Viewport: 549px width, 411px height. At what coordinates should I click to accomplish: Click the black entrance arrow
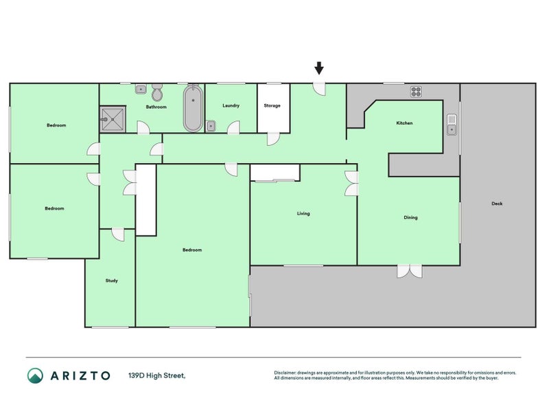point(318,68)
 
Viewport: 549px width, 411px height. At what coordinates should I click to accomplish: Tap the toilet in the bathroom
point(157,92)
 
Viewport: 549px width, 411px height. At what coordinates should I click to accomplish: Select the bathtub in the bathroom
point(193,108)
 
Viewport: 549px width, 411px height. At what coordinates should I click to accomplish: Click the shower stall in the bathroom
point(113,119)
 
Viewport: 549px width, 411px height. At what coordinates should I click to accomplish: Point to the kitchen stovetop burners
point(416,92)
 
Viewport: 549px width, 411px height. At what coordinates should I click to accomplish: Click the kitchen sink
point(452,125)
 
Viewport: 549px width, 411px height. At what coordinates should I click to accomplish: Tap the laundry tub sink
point(211,126)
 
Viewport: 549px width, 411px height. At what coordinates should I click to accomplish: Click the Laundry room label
point(231,105)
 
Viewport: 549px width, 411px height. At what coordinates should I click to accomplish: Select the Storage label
point(272,105)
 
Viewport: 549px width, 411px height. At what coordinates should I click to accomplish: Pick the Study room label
point(112,281)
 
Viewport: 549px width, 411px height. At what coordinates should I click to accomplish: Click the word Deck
point(497,203)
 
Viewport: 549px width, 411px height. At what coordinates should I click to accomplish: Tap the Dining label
point(410,217)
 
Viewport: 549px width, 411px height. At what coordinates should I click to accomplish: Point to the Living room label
point(303,214)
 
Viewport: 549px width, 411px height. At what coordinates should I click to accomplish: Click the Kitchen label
point(404,123)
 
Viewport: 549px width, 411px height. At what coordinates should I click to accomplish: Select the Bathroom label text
point(156,107)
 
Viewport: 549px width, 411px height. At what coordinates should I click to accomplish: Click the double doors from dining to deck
point(410,271)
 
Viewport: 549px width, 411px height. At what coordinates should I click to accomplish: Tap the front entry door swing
point(319,89)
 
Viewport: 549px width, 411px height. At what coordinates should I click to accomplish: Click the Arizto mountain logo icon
point(36,375)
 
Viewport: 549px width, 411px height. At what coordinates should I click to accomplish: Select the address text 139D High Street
point(157,375)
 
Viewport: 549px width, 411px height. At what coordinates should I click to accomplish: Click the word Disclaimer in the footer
point(285,373)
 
